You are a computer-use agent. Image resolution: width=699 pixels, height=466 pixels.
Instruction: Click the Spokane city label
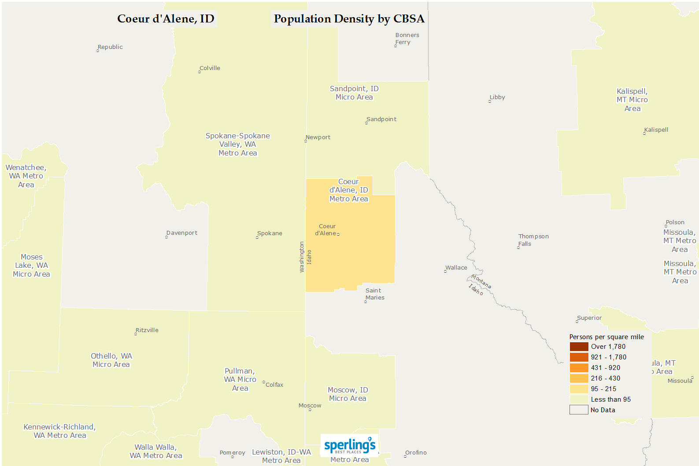(x=270, y=233)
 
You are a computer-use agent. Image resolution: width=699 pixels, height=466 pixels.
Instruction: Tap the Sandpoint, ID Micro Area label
(x=354, y=93)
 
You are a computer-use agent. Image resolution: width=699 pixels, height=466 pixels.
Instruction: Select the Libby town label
(x=497, y=97)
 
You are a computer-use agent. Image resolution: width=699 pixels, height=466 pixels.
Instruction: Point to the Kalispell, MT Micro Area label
(x=632, y=100)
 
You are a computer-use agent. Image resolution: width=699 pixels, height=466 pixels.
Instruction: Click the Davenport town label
(x=181, y=233)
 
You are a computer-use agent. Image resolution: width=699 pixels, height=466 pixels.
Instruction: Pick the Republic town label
(x=110, y=47)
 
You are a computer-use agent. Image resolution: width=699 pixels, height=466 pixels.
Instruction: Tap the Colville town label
(x=210, y=68)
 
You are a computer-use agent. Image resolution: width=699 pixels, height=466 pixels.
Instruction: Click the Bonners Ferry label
(x=406, y=39)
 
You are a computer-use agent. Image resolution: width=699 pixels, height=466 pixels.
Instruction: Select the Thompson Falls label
(x=533, y=240)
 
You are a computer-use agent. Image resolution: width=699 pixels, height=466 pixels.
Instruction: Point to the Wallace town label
(x=456, y=268)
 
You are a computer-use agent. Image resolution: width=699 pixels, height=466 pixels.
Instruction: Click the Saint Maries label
(x=374, y=294)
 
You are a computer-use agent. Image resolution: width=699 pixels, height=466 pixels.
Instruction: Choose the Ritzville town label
(x=147, y=330)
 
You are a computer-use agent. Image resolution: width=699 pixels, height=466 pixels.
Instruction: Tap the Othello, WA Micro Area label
(x=111, y=360)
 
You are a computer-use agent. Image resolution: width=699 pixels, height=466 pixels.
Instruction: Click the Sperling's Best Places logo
(x=350, y=446)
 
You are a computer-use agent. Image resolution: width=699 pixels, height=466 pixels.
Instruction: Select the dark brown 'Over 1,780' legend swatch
(x=579, y=347)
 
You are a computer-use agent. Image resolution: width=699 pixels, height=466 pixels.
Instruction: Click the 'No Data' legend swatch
(x=579, y=410)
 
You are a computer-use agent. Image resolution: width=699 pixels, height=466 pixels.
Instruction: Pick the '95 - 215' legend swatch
(x=579, y=389)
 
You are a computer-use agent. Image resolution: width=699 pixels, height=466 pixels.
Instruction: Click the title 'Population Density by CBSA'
(x=349, y=19)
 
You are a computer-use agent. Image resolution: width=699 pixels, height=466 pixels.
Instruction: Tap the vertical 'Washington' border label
(x=302, y=257)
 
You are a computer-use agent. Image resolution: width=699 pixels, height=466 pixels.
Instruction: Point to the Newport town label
(x=318, y=137)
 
